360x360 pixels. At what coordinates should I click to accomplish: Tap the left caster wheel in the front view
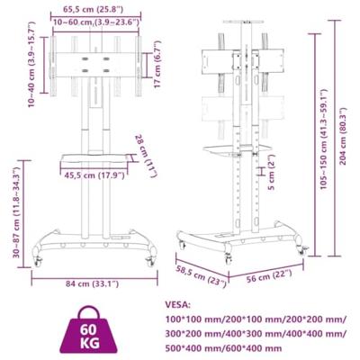(x=39, y=259)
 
